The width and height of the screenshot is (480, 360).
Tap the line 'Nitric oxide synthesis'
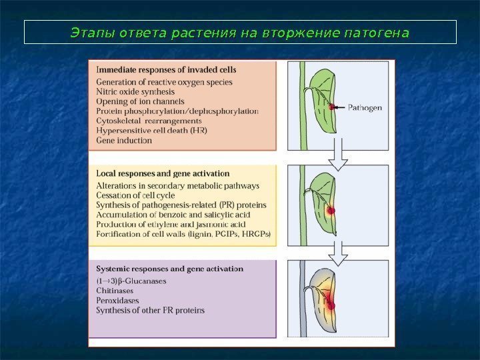(x=135, y=91)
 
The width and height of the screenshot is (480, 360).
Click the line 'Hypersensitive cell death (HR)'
(x=151, y=131)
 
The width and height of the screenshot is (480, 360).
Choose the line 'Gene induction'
(x=124, y=141)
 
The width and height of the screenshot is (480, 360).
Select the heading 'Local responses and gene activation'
(x=163, y=173)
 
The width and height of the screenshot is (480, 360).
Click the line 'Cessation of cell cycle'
(x=136, y=195)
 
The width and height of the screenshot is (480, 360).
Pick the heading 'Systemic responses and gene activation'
(x=170, y=269)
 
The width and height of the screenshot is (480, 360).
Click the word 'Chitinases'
(x=115, y=291)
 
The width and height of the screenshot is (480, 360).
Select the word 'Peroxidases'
(x=117, y=301)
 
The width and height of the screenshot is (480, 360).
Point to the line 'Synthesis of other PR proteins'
(x=150, y=311)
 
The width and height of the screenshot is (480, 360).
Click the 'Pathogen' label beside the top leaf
(x=365, y=107)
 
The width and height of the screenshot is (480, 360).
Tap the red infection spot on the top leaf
(x=331, y=107)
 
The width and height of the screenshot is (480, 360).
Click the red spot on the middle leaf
(x=330, y=210)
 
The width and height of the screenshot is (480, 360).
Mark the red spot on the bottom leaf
(x=330, y=306)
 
